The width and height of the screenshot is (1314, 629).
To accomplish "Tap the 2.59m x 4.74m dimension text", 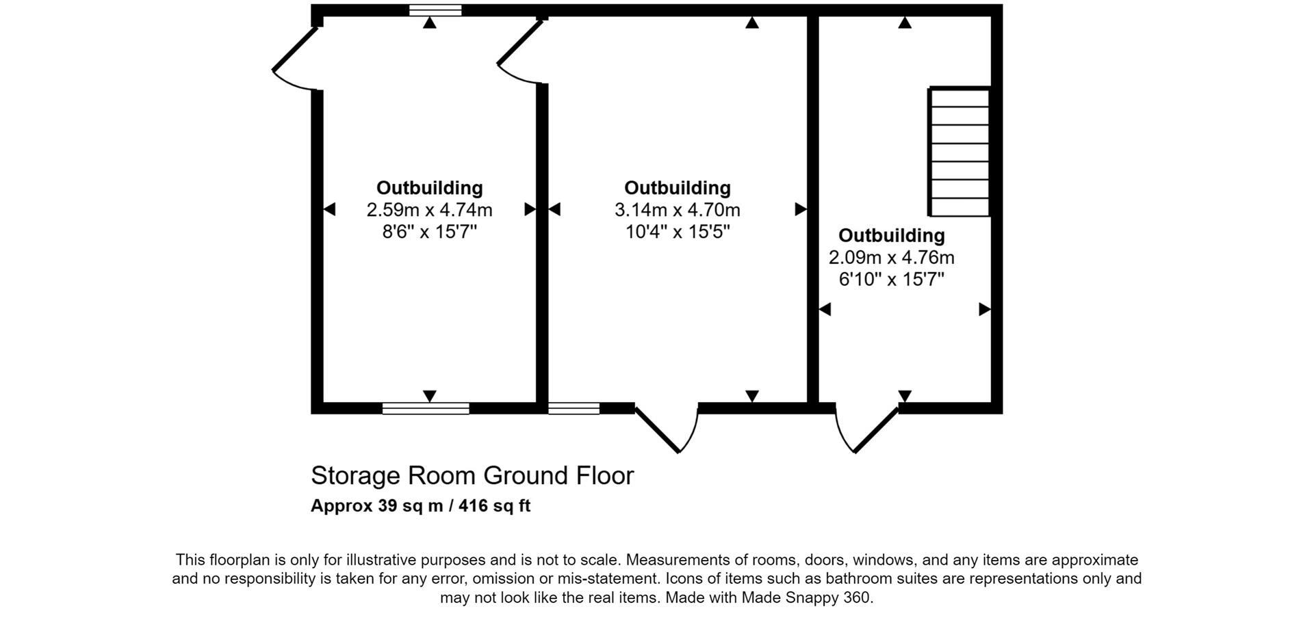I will [429, 210].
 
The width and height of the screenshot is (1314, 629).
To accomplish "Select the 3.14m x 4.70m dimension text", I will [677, 210].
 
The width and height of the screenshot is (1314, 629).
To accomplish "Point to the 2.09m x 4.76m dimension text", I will [891, 258].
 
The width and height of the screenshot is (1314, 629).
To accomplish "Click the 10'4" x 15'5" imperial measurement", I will [678, 232].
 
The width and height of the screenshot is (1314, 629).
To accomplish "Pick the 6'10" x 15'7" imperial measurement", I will [891, 279].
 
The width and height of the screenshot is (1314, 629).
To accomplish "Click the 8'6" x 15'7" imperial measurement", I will [429, 232].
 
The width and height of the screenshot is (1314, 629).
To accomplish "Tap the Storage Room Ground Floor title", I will [472, 475].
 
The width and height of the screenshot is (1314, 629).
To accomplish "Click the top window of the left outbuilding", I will [435, 10].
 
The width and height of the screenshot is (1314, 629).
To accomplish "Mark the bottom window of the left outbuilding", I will [426, 408].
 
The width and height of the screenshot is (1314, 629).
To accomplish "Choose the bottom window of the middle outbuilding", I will [574, 408].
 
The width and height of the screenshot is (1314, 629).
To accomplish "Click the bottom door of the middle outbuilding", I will [667, 427].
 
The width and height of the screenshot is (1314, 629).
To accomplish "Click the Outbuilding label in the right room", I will [891, 235].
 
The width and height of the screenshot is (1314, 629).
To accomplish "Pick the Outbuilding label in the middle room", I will [677, 188].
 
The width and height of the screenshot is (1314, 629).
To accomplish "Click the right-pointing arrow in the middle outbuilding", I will [800, 209].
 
